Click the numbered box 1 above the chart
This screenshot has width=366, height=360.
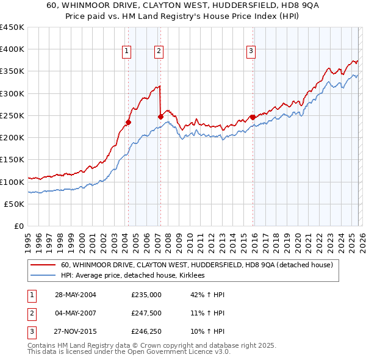pyautogui.click(x=126, y=52)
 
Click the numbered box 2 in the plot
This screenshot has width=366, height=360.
pyautogui.click(x=158, y=52)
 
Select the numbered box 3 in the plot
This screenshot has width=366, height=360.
pyautogui.click(x=251, y=52)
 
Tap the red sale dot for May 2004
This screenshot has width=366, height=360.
pyautogui.click(x=129, y=122)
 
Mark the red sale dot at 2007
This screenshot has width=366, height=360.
pyautogui.click(x=160, y=117)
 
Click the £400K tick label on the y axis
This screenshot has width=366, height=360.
pyautogui.click(x=12, y=49)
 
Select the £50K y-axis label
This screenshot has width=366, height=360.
pyautogui.click(x=15, y=204)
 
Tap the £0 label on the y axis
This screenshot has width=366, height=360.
pyautogui.click(x=18, y=226)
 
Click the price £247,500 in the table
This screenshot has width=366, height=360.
pyautogui.click(x=146, y=314)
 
